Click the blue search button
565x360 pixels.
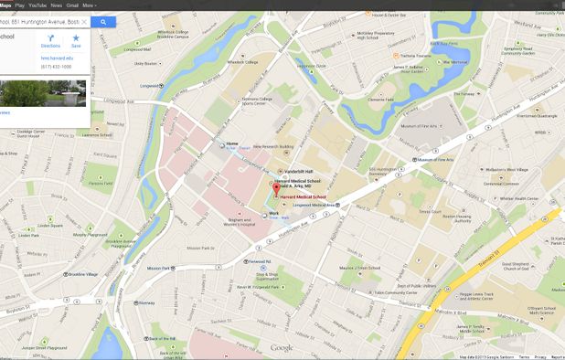(103, 21)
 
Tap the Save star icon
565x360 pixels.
(76, 39)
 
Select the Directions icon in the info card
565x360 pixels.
(50, 39)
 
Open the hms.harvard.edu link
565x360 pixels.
(55, 57)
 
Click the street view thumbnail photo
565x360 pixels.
(43, 93)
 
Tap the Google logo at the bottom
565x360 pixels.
(282, 347)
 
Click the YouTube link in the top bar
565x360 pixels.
(37, 5)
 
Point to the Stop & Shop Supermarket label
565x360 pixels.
(267, 276)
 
